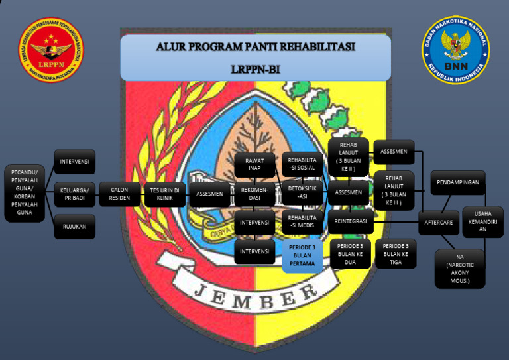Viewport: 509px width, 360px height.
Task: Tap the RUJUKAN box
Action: [74, 226]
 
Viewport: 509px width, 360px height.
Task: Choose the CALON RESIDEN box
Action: [119, 194]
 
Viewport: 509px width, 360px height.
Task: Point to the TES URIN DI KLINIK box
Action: [164, 194]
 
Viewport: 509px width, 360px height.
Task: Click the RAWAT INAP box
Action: [254, 164]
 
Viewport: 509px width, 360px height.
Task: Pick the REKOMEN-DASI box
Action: [254, 194]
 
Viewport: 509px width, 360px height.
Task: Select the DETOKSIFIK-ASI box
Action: [302, 193]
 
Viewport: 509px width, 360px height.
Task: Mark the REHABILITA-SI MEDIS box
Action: [302, 222]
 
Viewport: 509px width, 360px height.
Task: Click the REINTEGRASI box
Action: [351, 222]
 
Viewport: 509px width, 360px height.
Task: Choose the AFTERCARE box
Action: [439, 222]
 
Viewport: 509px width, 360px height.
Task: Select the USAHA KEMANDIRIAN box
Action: [483, 221]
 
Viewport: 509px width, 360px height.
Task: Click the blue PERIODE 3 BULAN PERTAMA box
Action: [302, 256]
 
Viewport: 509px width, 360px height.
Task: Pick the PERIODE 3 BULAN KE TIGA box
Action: [396, 253]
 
